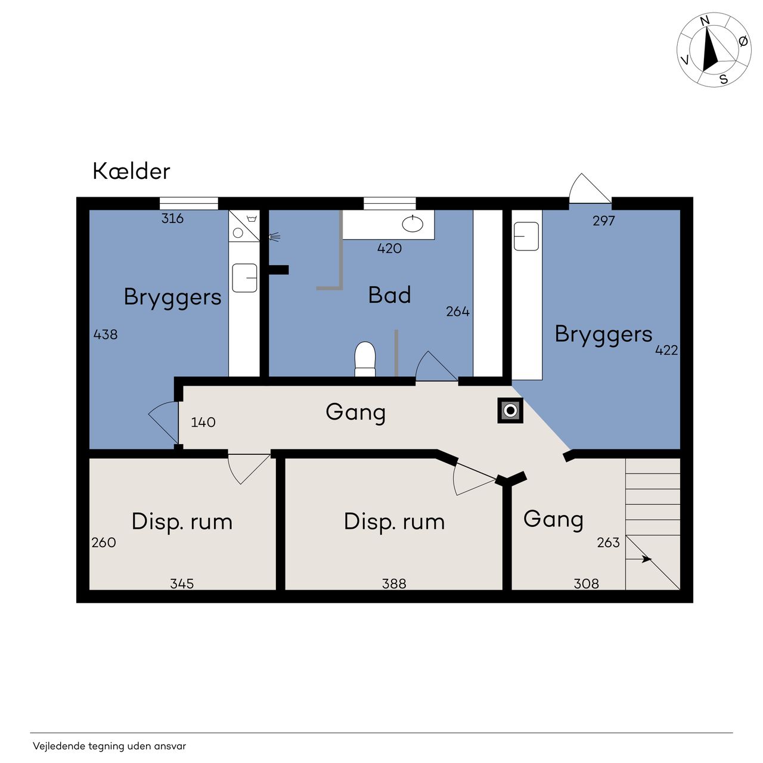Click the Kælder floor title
point(131,172)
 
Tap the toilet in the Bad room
point(365,359)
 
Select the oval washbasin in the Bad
point(412,224)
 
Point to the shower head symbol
point(274,237)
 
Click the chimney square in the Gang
point(510,410)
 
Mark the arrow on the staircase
point(638,559)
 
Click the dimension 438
point(106,334)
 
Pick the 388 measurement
point(394,583)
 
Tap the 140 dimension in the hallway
point(203,422)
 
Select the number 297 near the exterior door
point(603,221)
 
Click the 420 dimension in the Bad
point(389,248)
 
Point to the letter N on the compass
point(705,21)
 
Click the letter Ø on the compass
point(743,41)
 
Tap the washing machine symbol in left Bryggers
point(244,226)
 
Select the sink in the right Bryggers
point(526,237)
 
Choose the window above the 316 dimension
point(188,203)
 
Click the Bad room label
point(389,295)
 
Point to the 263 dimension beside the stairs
point(608,542)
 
